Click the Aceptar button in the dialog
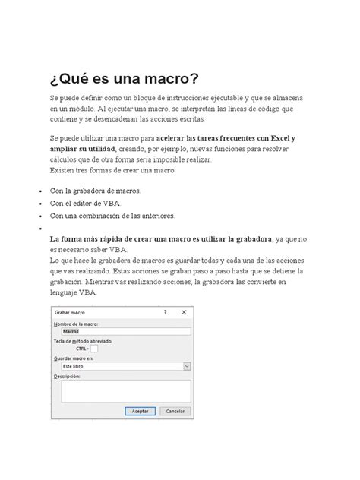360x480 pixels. pos(140,411)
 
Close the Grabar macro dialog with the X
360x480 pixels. pos(183,312)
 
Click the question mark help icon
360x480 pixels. pos(165,312)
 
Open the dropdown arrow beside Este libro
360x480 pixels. pos(186,365)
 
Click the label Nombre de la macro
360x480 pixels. pos(77,324)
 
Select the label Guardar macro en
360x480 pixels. pos(74,358)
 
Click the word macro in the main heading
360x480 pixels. pos(161,79)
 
